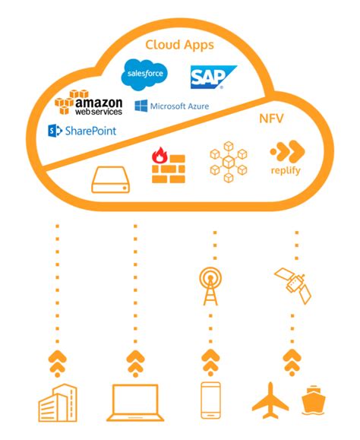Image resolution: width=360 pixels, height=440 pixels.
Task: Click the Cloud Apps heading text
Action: point(179,44)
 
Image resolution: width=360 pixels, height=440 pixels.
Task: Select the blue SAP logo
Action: point(213,76)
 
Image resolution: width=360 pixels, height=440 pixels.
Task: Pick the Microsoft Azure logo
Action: point(172,106)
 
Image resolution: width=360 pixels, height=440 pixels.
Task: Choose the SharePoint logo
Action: point(82,131)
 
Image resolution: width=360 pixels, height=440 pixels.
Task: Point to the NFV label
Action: point(272,120)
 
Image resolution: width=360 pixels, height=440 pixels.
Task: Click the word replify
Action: point(286,170)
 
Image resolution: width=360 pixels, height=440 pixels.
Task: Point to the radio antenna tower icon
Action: point(210,286)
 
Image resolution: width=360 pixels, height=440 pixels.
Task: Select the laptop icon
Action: point(136,404)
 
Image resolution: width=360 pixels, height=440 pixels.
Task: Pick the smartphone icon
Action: point(210,401)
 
